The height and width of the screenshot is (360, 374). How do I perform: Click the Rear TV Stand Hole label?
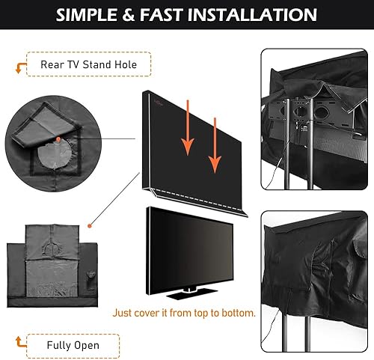click(x=88, y=64)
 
